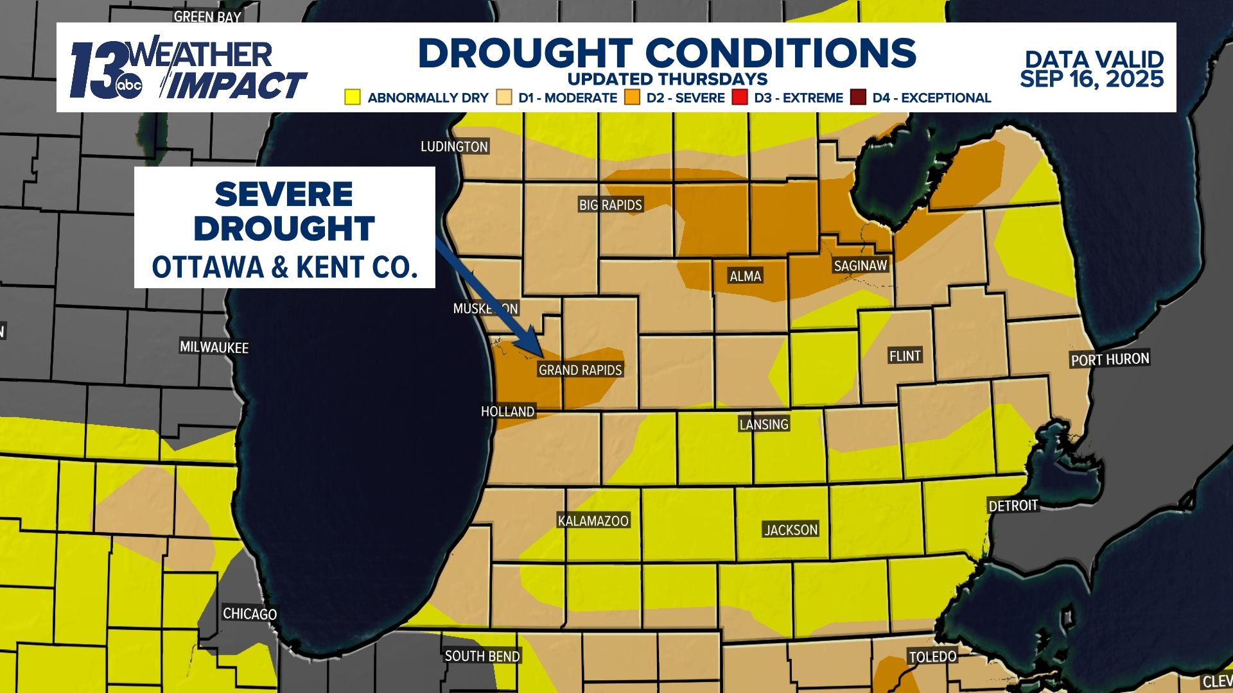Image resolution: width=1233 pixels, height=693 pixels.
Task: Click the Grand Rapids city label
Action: pyautogui.click(x=580, y=370)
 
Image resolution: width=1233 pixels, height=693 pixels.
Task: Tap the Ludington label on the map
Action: pyautogui.click(x=454, y=146)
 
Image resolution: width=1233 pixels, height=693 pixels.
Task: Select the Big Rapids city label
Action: pyautogui.click(x=610, y=205)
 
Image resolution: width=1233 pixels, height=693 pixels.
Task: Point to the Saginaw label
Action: pyautogui.click(x=860, y=266)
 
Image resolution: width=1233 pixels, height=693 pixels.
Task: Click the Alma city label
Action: pyautogui.click(x=745, y=276)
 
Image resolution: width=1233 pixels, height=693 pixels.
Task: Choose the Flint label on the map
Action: pyautogui.click(x=905, y=356)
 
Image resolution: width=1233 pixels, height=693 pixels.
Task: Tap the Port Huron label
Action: pyautogui.click(x=1110, y=359)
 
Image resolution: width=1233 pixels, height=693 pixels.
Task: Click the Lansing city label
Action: pyautogui.click(x=764, y=424)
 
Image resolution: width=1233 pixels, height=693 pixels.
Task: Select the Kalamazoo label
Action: pyautogui.click(x=593, y=520)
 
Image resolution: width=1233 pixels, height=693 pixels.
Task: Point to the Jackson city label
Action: pyautogui.click(x=791, y=529)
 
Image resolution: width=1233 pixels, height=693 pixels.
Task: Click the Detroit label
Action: pyautogui.click(x=1013, y=506)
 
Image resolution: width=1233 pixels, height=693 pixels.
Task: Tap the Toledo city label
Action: pyautogui.click(x=932, y=656)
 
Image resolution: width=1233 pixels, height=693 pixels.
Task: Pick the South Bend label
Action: pyautogui.click(x=482, y=656)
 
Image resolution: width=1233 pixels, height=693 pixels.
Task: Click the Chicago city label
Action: pyautogui.click(x=250, y=613)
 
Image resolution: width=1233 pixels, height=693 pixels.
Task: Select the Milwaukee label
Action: pyautogui.click(x=214, y=347)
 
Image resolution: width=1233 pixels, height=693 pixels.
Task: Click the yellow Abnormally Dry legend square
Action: pyautogui.click(x=352, y=98)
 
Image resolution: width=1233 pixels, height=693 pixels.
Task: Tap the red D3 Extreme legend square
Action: pyautogui.click(x=740, y=98)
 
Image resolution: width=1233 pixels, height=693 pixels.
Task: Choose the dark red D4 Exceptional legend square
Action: pyautogui.click(x=858, y=98)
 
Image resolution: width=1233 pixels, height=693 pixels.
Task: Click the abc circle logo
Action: pyautogui.click(x=128, y=85)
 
